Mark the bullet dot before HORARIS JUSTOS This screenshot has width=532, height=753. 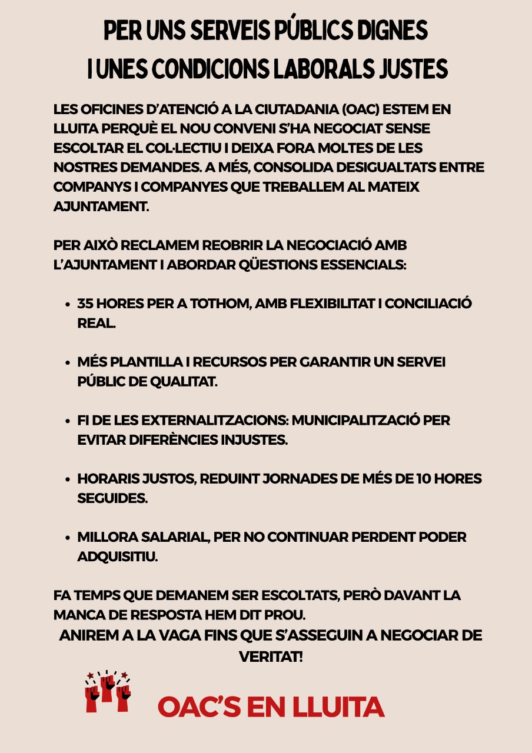(68, 479)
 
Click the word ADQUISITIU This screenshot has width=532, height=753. (118, 557)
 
